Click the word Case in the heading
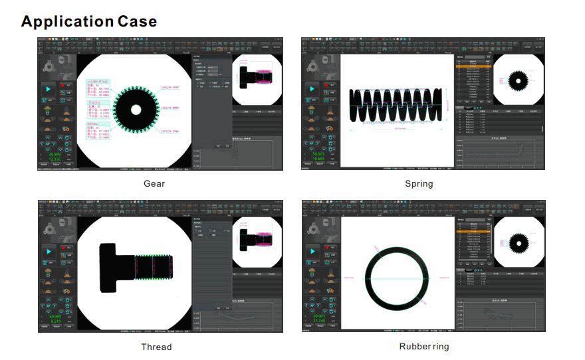(x=138, y=21)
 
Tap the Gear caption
(x=154, y=184)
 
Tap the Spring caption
(x=419, y=184)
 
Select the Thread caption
(x=156, y=347)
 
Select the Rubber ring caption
(x=424, y=347)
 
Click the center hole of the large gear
(x=136, y=109)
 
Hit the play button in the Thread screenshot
(x=49, y=251)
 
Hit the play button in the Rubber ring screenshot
(x=312, y=251)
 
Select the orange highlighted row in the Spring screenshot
(x=473, y=66)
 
